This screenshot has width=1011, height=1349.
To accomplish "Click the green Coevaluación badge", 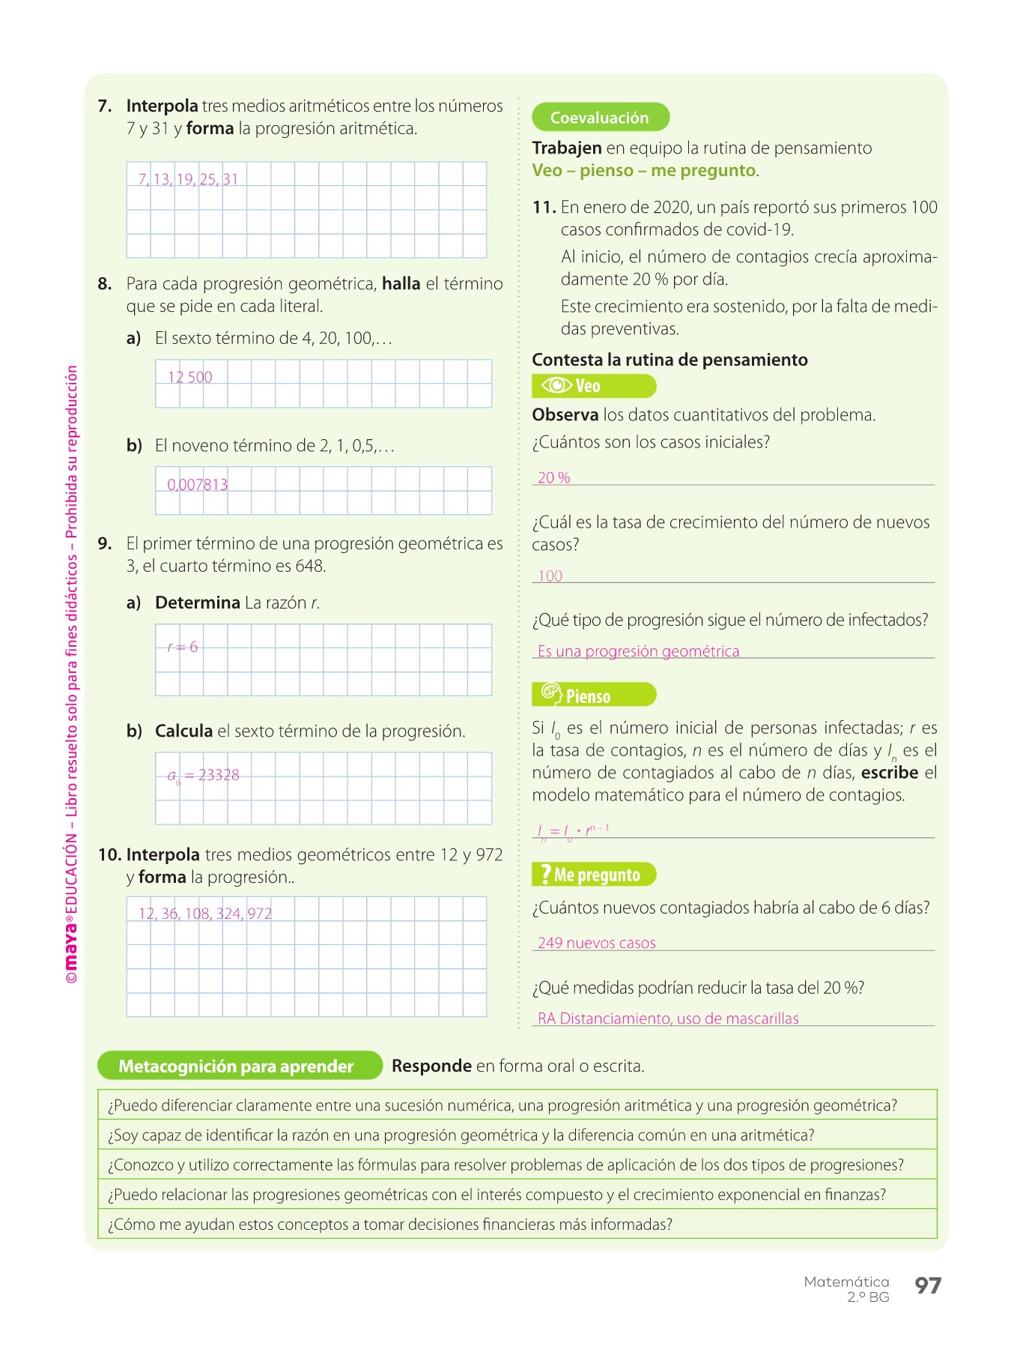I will (x=600, y=118).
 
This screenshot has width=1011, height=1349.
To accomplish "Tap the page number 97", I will (x=928, y=1286).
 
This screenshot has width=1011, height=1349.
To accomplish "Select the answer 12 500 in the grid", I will (x=190, y=377).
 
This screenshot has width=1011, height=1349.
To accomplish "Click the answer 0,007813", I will (x=198, y=485).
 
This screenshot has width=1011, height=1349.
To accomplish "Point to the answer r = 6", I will (x=183, y=647).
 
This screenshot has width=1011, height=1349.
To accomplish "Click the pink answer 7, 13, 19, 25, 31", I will (x=188, y=179).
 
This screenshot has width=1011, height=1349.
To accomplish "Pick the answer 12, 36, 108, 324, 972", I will (x=205, y=914).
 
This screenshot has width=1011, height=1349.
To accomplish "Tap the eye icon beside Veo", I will (x=556, y=385).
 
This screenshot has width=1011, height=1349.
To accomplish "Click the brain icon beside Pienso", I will (x=550, y=695).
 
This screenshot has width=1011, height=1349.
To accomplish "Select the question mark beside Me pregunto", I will (x=546, y=874).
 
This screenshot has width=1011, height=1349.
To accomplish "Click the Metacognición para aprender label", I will (x=237, y=1066).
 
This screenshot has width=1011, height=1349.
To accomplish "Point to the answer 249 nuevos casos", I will (x=597, y=943).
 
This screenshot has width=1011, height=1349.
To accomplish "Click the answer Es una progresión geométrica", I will (x=639, y=651).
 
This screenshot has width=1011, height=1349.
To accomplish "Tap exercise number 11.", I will (x=544, y=208).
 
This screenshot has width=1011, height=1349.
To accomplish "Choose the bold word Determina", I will (x=198, y=603).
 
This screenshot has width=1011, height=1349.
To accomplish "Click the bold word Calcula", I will (x=183, y=731).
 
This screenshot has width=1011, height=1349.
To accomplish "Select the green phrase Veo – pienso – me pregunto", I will (x=644, y=171).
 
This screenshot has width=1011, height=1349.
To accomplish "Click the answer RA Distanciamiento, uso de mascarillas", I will (x=668, y=1018).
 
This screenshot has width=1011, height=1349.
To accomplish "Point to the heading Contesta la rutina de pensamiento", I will (x=670, y=360).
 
